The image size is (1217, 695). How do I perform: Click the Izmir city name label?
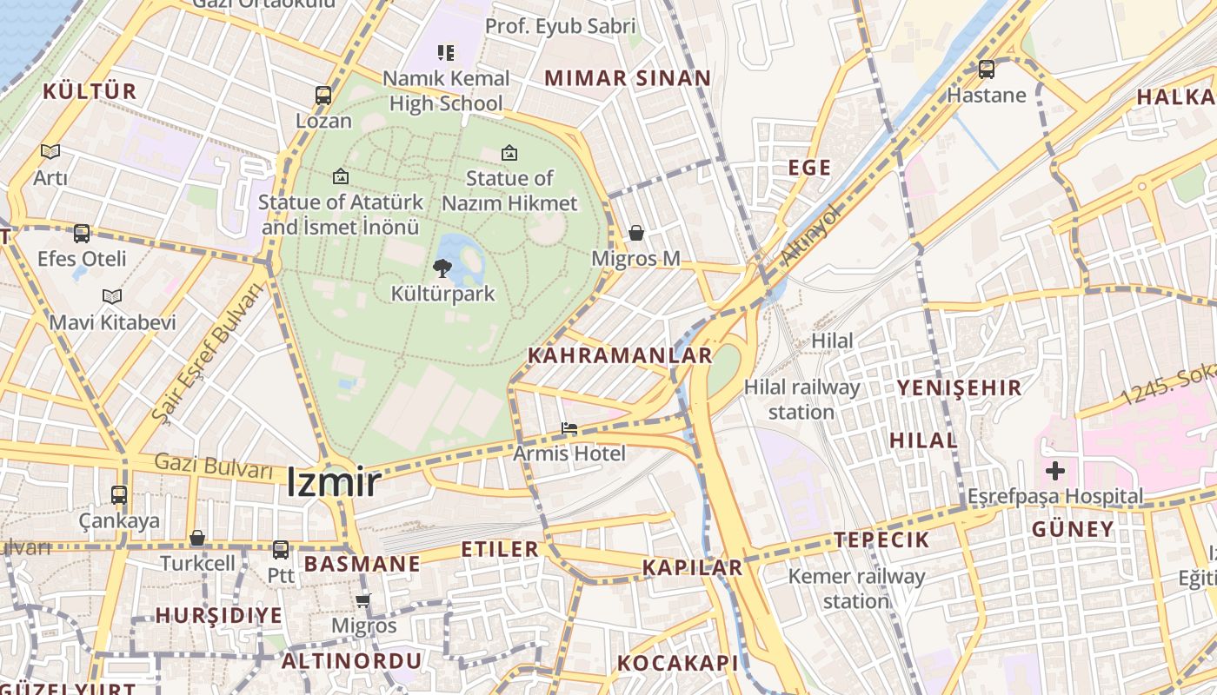click(x=334, y=483)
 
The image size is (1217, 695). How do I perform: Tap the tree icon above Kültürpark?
click(x=442, y=268)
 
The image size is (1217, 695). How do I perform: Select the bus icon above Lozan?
click(x=323, y=96)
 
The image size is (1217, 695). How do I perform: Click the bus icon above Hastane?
click(x=987, y=69)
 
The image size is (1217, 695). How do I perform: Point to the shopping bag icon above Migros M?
click(x=636, y=233)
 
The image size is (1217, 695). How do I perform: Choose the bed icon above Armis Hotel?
click(x=569, y=428)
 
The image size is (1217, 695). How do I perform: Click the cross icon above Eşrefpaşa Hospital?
click(x=1055, y=471)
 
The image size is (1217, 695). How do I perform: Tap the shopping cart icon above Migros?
click(x=363, y=600)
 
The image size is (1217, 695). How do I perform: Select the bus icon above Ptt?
click(x=281, y=549)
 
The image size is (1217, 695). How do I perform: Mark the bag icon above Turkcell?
click(x=197, y=538)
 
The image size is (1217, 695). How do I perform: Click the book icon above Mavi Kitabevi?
click(x=112, y=296)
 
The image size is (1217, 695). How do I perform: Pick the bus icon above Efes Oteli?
click(x=82, y=233)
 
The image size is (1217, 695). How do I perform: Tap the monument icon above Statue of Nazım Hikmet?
click(x=509, y=153)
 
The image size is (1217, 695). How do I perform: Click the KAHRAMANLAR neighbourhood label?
click(x=620, y=355)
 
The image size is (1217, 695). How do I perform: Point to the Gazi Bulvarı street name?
click(x=214, y=467)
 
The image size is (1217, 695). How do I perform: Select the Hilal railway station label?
click(x=801, y=399)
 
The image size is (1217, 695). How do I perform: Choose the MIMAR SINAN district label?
click(x=628, y=78)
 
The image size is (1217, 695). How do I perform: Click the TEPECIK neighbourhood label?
click(x=881, y=539)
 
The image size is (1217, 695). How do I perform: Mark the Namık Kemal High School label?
click(x=446, y=90)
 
